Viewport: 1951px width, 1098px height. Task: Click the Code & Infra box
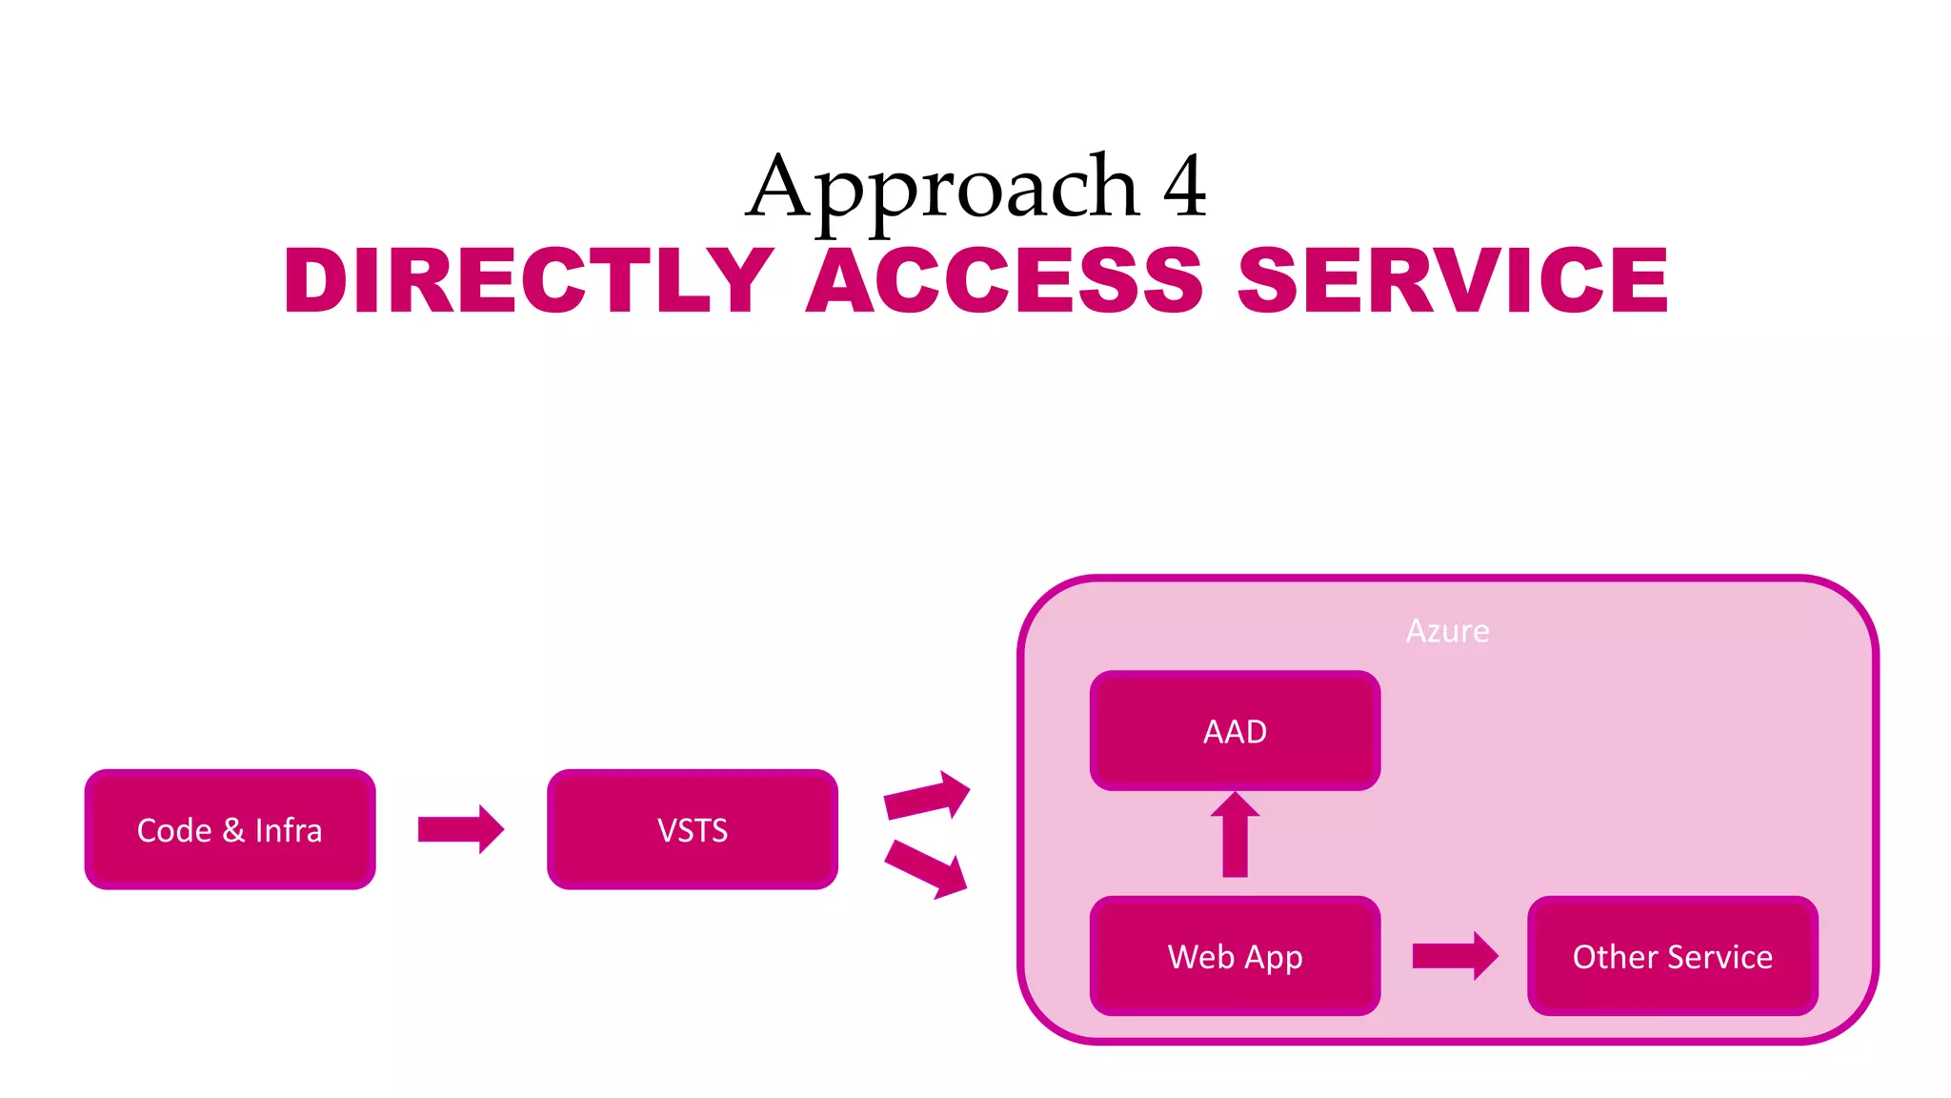(230, 829)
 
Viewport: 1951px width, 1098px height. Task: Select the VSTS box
(693, 829)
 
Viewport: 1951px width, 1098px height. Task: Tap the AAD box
(1235, 730)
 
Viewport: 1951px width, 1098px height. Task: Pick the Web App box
(1235, 955)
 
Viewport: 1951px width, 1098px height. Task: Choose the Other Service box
(1672, 955)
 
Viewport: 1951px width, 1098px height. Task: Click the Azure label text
(1447, 631)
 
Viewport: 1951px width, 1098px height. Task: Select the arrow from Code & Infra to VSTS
(460, 829)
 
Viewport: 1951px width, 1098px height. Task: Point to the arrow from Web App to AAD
(1235, 836)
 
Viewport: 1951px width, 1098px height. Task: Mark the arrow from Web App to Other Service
(1455, 955)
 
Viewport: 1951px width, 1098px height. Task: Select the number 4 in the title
(1184, 188)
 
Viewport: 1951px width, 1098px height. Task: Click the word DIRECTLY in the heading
(530, 280)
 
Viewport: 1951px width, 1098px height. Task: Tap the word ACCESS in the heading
(1005, 280)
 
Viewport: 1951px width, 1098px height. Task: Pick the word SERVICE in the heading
(1453, 280)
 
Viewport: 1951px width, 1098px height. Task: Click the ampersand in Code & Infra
(233, 830)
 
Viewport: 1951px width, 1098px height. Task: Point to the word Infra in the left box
(289, 830)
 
